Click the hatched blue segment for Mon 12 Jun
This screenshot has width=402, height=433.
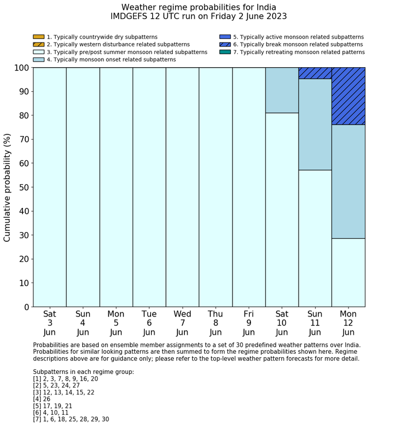(349, 96)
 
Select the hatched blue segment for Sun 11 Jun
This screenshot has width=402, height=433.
(315, 73)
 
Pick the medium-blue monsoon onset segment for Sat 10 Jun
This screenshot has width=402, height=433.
(282, 90)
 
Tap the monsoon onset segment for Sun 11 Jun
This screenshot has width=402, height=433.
(315, 124)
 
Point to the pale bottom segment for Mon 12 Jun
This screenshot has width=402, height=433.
(349, 272)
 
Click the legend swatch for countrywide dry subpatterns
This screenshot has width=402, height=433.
(38, 37)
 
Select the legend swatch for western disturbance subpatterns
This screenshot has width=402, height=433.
(38, 44)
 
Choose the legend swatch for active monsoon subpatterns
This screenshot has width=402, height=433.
(225, 37)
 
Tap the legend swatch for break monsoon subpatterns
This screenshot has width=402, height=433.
(225, 44)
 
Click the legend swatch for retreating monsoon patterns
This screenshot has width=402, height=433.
(225, 52)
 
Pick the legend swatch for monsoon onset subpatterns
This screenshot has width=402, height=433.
(38, 59)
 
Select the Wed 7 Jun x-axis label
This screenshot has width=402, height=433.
(182, 323)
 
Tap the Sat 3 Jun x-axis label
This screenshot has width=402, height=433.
(49, 323)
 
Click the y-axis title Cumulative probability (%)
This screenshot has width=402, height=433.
(7, 187)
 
